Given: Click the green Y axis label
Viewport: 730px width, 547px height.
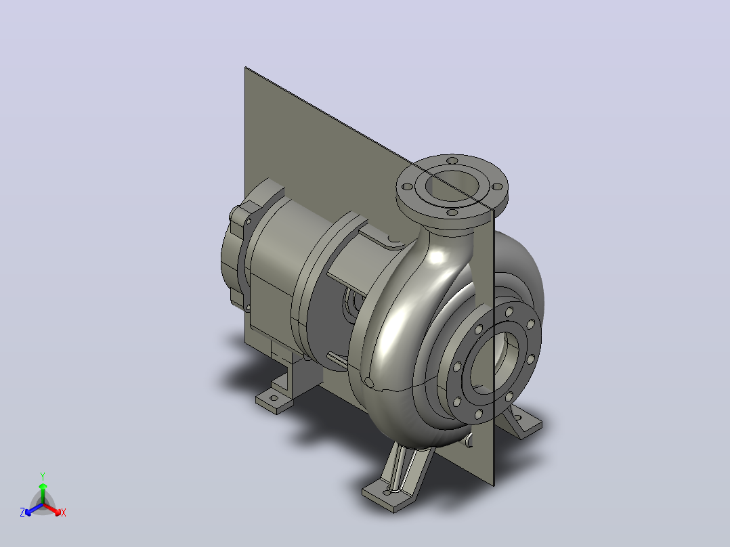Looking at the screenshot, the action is click(x=43, y=476).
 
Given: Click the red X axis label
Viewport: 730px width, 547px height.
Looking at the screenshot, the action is click(x=64, y=512).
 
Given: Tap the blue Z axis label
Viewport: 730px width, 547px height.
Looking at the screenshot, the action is click(x=22, y=512).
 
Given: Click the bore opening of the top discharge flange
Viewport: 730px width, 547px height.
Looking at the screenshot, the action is click(x=452, y=185).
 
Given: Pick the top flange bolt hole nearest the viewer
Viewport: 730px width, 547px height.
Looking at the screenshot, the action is click(x=452, y=213).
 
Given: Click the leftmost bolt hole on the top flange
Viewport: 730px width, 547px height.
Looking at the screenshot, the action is click(x=408, y=187).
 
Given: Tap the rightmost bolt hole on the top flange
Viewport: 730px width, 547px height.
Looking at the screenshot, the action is click(x=497, y=187).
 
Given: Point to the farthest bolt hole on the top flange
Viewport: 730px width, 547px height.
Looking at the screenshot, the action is click(x=452, y=160).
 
